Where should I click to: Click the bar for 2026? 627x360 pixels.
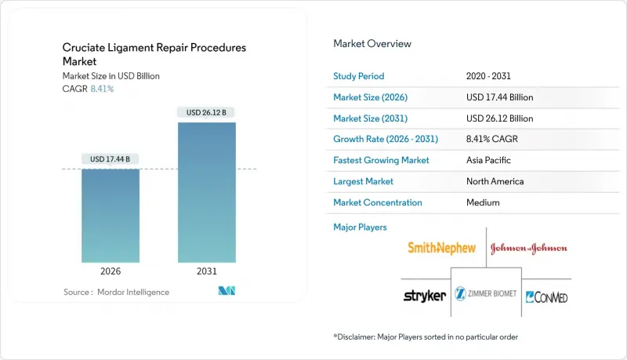(111, 216)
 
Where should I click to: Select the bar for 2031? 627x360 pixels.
(207, 192)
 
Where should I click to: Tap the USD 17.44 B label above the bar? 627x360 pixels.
(111, 159)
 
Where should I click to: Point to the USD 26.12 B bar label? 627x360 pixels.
(207, 113)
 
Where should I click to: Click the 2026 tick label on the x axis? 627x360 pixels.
(111, 271)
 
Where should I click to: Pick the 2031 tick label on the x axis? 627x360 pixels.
(207, 271)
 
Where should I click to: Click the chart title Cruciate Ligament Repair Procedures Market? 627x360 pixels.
(154, 53)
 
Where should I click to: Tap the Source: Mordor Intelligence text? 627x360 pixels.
(116, 293)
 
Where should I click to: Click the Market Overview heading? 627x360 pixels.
(372, 44)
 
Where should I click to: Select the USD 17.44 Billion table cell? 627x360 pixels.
(499, 97)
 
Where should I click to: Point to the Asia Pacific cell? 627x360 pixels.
(489, 160)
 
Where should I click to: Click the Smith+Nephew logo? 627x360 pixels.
(441, 248)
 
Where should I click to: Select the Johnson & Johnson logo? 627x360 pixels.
(528, 249)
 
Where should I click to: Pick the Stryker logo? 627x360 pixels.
(424, 296)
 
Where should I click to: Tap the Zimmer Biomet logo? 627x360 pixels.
(486, 296)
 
